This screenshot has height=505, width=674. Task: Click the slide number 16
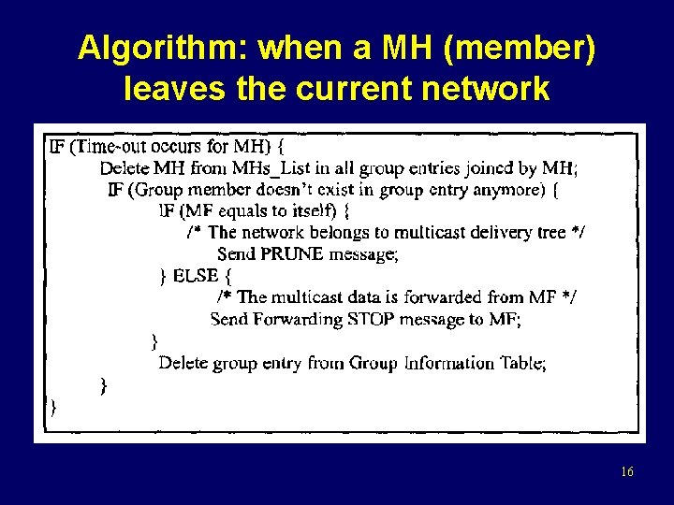tap(626, 472)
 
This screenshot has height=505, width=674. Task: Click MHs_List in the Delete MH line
tap(269, 168)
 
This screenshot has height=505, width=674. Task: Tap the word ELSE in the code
tap(196, 276)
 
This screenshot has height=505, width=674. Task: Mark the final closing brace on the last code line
tap(52, 406)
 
